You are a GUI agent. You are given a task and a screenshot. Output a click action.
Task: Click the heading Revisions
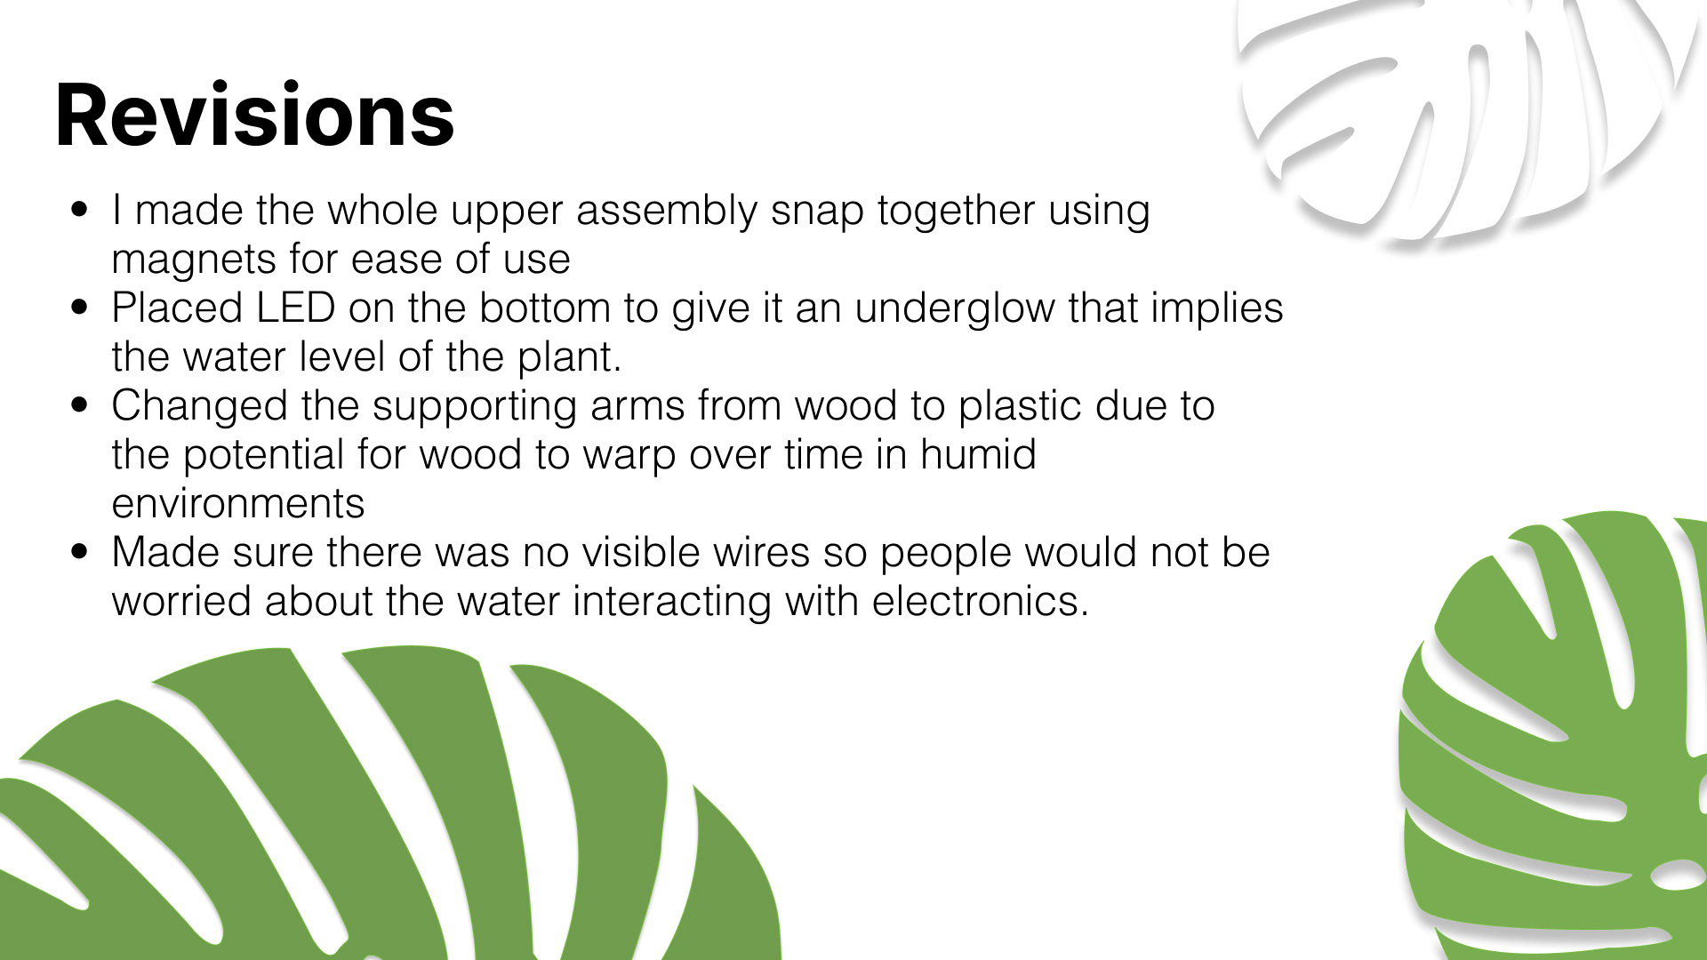(255, 115)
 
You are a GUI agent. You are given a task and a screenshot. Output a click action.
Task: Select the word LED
(295, 308)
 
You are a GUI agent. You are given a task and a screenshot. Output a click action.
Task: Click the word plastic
(1020, 406)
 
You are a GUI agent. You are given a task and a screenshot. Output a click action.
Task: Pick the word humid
(978, 454)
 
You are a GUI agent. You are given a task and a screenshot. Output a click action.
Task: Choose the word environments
(238, 504)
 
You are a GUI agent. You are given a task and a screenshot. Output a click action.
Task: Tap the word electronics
(980, 601)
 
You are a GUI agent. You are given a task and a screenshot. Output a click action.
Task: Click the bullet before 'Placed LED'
(81, 308)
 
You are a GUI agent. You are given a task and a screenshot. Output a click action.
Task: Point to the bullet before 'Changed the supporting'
(81, 405)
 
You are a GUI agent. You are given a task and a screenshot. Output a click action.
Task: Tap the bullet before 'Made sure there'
(81, 552)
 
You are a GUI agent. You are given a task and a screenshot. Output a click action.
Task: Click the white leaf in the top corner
(1458, 116)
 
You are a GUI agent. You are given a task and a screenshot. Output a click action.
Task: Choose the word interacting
(672, 603)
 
